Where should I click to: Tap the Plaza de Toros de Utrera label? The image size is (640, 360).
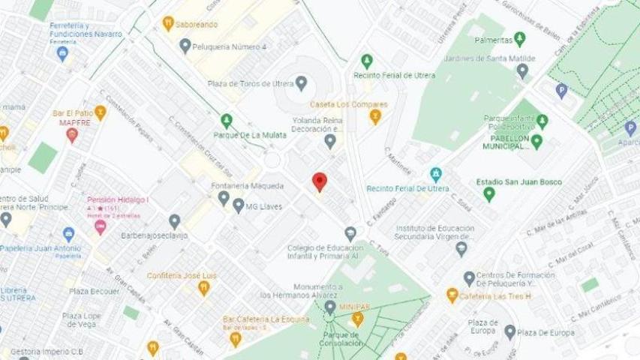pos(254,82)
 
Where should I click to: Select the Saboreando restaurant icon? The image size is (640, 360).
pos(168,23)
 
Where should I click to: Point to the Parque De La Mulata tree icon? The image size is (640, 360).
pos(227,121)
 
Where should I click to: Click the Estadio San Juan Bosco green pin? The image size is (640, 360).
pos(489,194)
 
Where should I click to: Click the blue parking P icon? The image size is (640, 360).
pos(561,91)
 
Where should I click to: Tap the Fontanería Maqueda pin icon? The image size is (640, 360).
pos(224,198)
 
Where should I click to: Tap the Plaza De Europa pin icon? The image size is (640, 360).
pos(510,332)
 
